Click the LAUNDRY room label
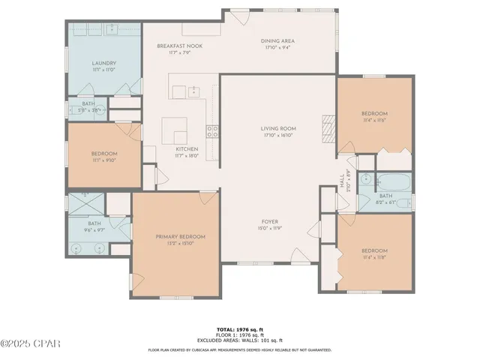[x=104, y=63]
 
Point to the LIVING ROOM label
[x=277, y=128]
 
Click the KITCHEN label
[x=186, y=149]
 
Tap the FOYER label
[x=270, y=221]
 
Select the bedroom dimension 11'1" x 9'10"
[x=104, y=159]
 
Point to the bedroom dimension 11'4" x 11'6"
[x=374, y=119]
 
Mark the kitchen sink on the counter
[x=193, y=91]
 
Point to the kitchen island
[x=175, y=131]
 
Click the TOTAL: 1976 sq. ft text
[x=239, y=329]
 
